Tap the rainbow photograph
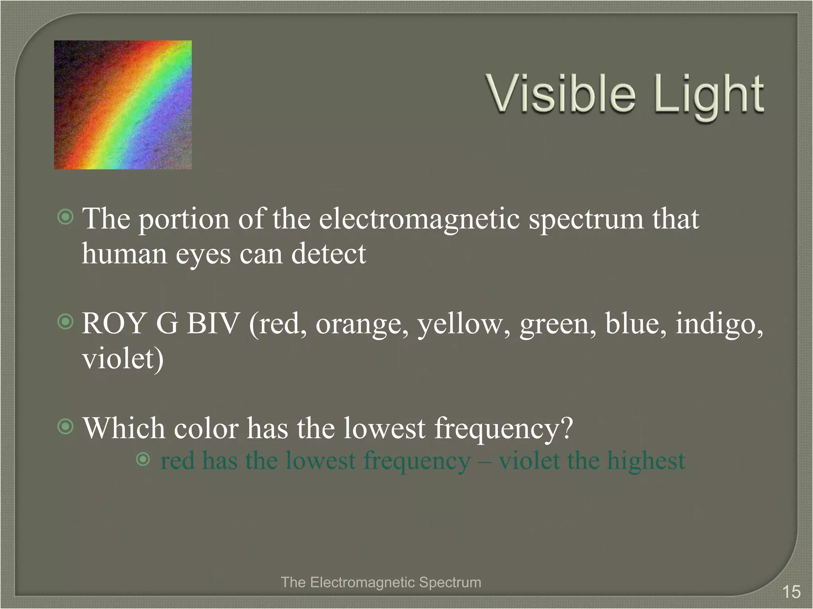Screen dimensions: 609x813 (123, 105)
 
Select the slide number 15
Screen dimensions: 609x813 (791, 592)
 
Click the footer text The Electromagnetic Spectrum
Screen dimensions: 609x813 (381, 582)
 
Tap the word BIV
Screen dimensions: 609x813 (213, 324)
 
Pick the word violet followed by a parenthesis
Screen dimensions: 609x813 (122, 358)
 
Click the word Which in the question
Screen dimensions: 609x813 (123, 428)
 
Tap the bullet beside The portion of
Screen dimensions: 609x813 (66, 217)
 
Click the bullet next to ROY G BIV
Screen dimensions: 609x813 (66, 322)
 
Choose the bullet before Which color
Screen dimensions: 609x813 (66, 427)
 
